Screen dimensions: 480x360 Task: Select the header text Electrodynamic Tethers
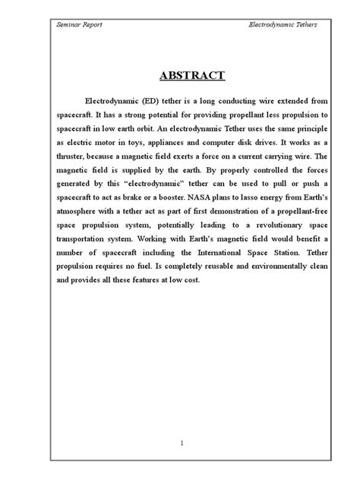click(283, 25)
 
